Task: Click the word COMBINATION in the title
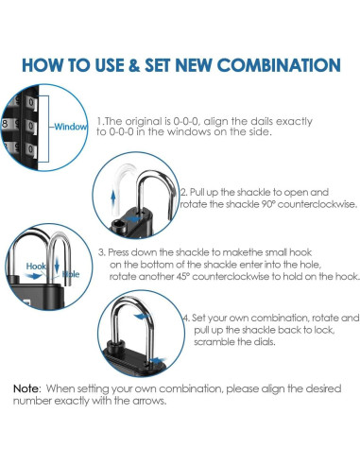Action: (x=279, y=65)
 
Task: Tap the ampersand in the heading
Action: (x=134, y=65)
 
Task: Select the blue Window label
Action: (x=71, y=127)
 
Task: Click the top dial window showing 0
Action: (x=32, y=103)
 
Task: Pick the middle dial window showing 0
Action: (x=32, y=127)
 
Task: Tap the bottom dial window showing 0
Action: (x=32, y=149)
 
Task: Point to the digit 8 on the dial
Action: (x=5, y=124)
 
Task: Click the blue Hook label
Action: (x=36, y=267)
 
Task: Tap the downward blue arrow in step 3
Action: (x=57, y=266)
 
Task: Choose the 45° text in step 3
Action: (x=182, y=276)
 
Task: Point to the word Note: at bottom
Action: (x=27, y=388)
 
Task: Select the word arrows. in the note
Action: (x=149, y=401)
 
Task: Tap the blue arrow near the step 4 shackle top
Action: (x=142, y=316)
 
